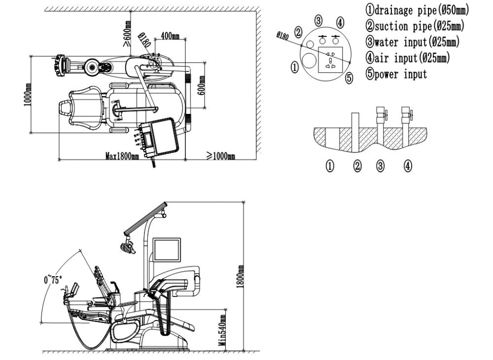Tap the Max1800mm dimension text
pyautogui.click(x=123, y=156)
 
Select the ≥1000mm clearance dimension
pyautogui.click(x=220, y=156)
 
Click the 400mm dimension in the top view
pyautogui.click(x=170, y=36)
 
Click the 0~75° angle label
pyautogui.click(x=53, y=280)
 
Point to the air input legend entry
pyautogui.click(x=407, y=58)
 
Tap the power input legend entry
pyautogui.click(x=396, y=74)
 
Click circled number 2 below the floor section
pyautogui.click(x=358, y=166)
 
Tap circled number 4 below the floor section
pyautogui.click(x=407, y=166)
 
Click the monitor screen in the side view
pyautogui.click(x=167, y=250)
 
